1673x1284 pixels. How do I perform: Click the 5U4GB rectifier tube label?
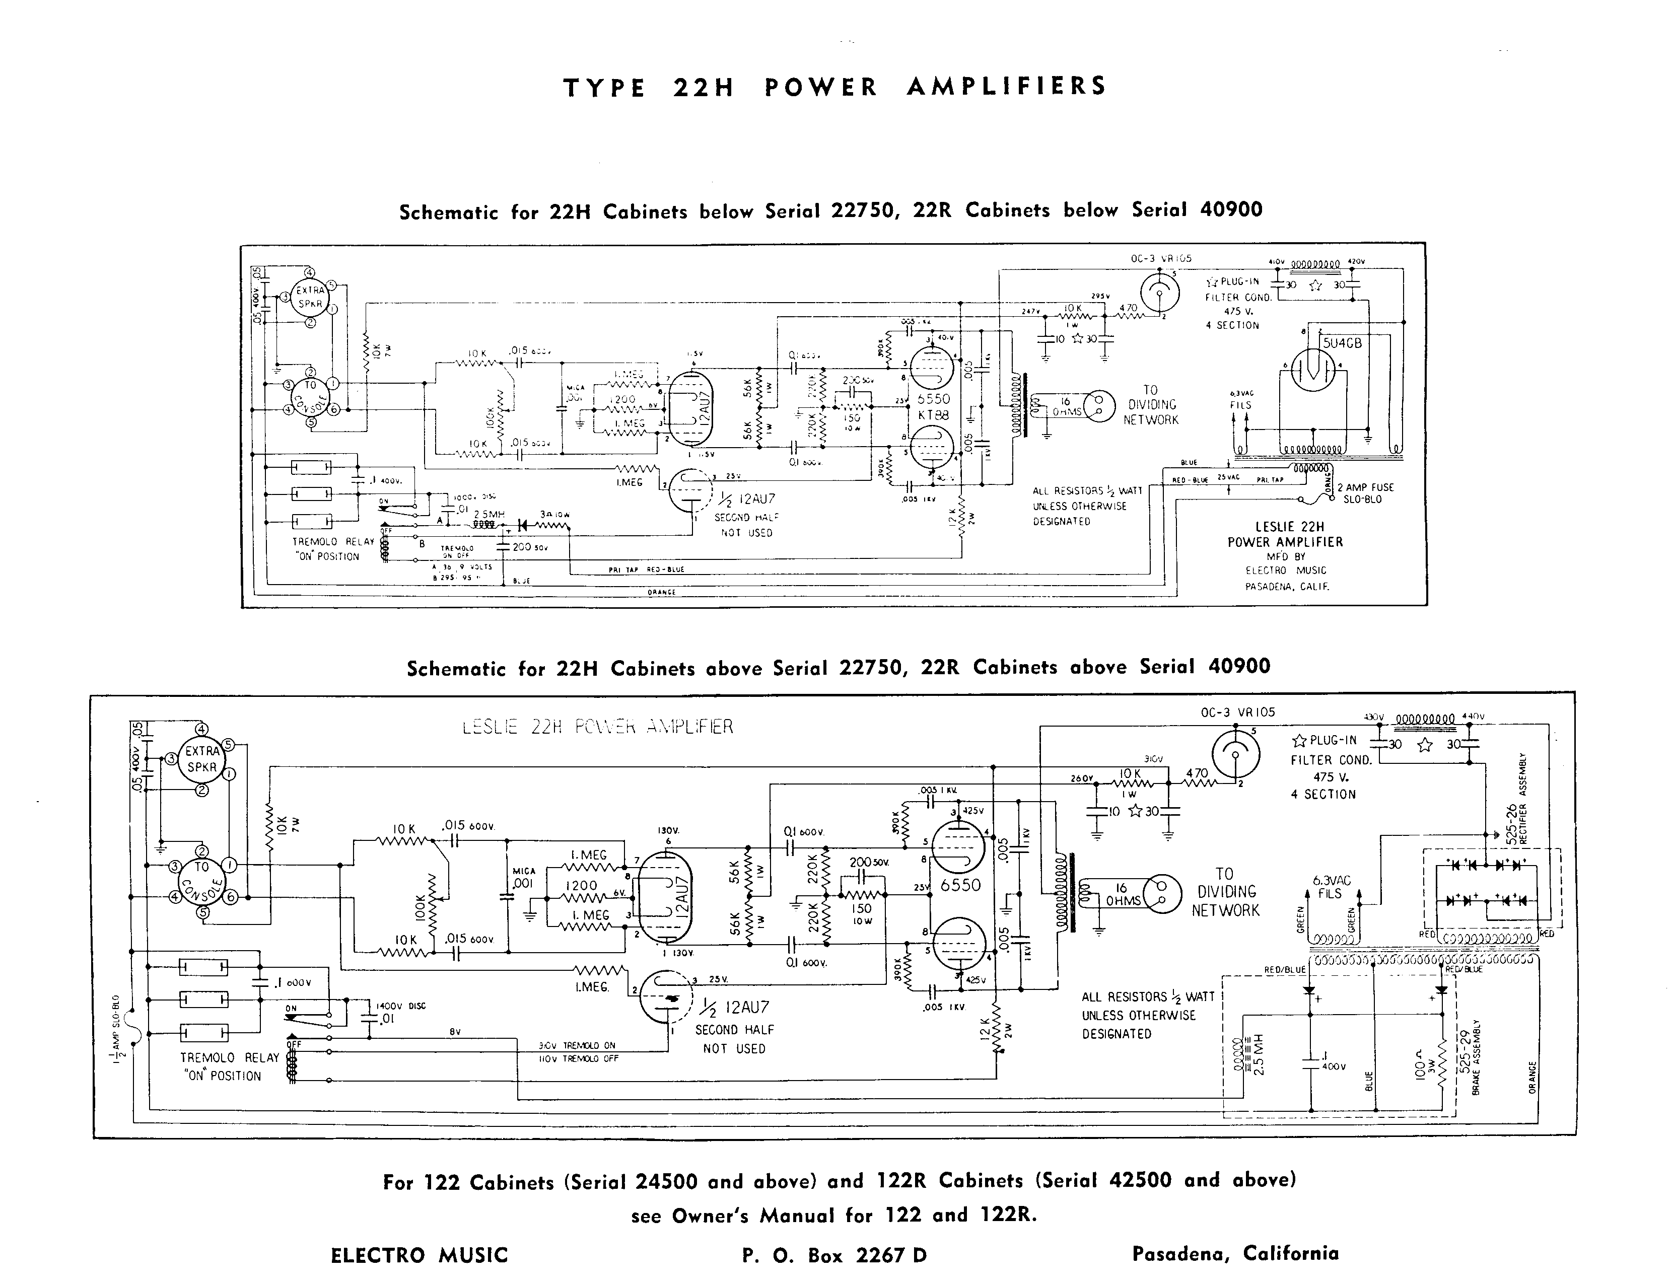[x=1342, y=343]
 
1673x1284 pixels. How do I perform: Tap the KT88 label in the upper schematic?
[x=933, y=414]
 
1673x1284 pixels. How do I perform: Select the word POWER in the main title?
[x=821, y=87]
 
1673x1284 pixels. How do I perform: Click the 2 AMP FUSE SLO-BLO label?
[x=1365, y=493]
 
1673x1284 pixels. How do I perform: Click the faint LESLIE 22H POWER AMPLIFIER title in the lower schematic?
[x=598, y=726]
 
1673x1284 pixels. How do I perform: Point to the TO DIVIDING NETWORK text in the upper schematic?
[x=1150, y=404]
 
